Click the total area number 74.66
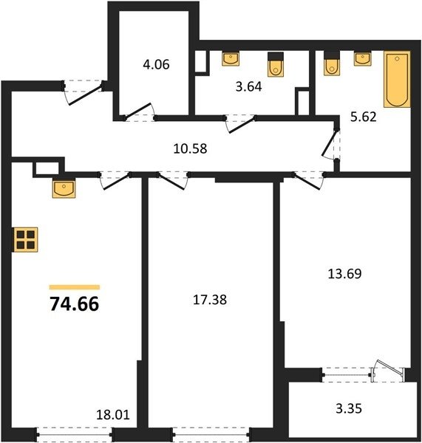coord(75,304)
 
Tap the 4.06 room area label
coord(156,64)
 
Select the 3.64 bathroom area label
coord(248,86)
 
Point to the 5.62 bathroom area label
coord(364,117)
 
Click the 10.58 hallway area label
coord(190,148)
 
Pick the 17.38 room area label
coord(210,300)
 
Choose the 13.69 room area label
coord(344,274)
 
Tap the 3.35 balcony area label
coord(349,408)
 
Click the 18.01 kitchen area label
coord(113,415)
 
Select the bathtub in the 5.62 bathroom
coord(397,79)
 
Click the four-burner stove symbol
coord(25,239)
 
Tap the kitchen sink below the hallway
coord(64,188)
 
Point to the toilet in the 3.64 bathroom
coord(276,64)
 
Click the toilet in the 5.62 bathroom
coord(332,63)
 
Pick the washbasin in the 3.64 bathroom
coord(231,58)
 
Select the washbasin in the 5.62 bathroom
coord(363,58)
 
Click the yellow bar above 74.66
coord(75,287)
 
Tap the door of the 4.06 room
coord(139,111)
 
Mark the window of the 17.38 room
coord(211,435)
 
